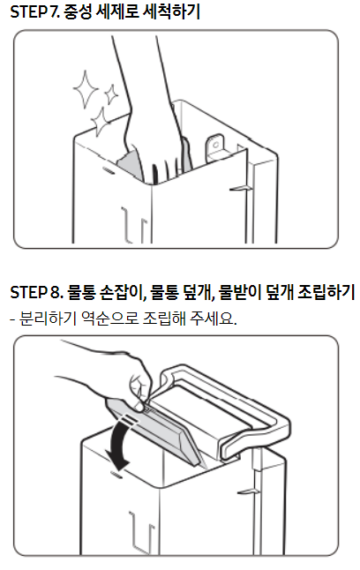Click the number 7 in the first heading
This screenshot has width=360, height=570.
pyautogui.click(x=53, y=12)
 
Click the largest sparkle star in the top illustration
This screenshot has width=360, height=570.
pyautogui.click(x=86, y=89)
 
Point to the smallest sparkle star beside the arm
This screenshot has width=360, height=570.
pyautogui.click(x=111, y=94)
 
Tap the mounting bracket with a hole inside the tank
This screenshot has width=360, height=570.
pyautogui.click(x=216, y=148)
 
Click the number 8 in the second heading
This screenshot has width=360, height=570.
pyautogui.click(x=54, y=292)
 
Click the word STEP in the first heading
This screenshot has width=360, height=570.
pyautogui.click(x=27, y=12)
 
